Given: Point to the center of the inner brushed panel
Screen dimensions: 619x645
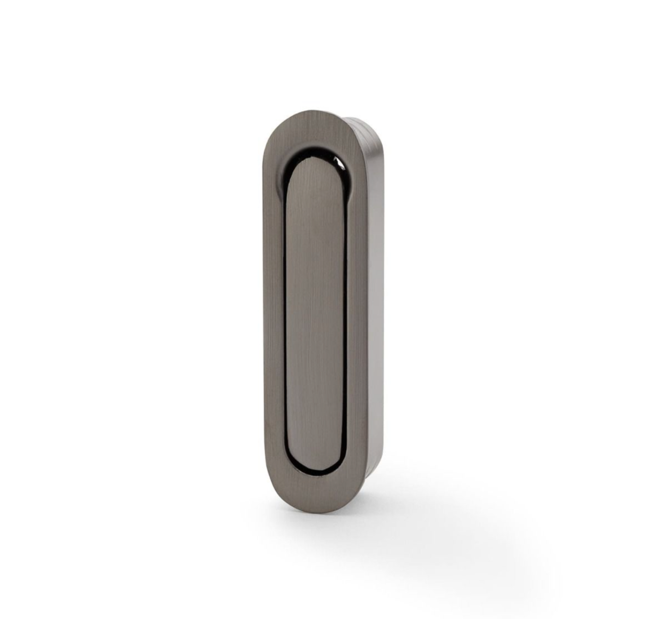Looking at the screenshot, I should [316, 313].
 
